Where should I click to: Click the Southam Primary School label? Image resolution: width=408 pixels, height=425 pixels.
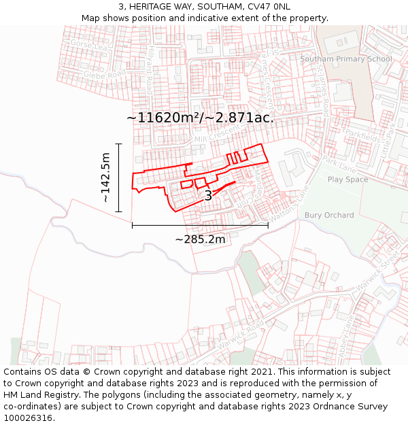346,59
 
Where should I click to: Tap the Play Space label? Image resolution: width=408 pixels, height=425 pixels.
347,180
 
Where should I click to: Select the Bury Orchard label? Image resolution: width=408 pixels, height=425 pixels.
329,215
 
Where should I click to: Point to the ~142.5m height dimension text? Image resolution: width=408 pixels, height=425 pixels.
105,177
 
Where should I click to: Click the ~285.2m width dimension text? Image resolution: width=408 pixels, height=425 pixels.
200,239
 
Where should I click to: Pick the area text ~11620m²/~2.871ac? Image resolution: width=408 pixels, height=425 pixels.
200,118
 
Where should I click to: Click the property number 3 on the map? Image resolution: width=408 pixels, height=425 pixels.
208,196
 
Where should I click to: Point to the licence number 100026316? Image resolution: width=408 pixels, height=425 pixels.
29,418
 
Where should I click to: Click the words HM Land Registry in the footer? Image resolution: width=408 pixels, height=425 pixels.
39,394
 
